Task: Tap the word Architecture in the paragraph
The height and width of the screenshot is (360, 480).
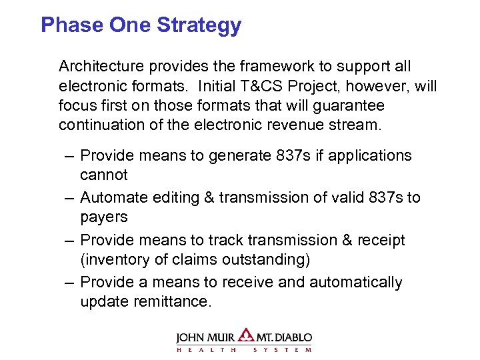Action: coord(100,67)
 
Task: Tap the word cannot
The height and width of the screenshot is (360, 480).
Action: coord(103,175)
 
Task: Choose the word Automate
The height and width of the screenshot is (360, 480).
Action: coord(111,197)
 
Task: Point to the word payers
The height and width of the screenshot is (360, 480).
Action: coord(103,217)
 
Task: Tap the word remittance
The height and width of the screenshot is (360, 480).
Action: coord(144,301)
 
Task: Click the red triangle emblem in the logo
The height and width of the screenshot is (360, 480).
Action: coord(246,336)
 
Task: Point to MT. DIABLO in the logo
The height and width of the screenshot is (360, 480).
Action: coord(284,338)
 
